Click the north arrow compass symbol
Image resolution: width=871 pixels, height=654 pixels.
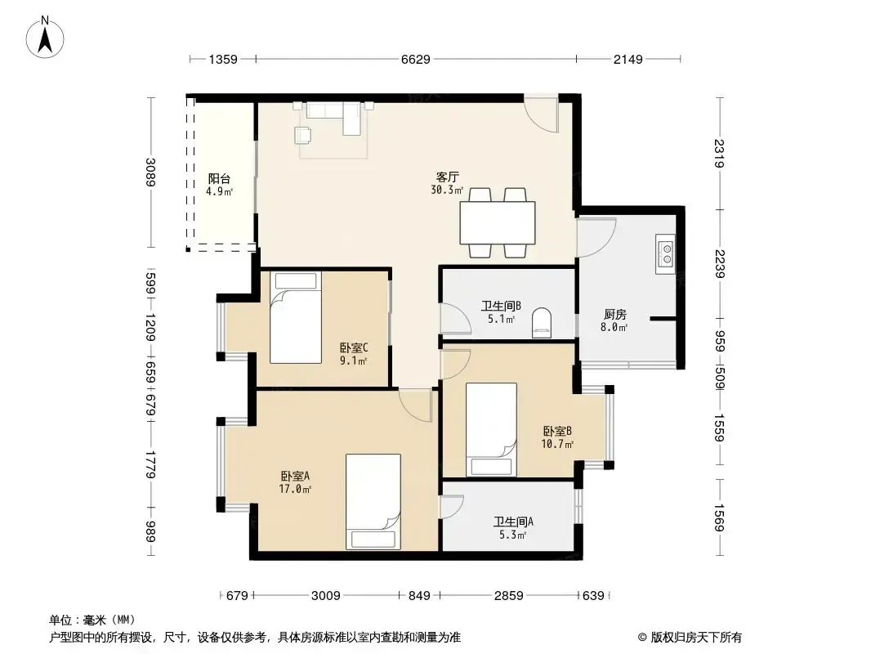(45, 38)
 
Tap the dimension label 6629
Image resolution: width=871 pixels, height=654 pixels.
(416, 59)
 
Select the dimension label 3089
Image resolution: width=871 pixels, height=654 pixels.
(150, 172)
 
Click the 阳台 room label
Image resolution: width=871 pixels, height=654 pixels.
(219, 178)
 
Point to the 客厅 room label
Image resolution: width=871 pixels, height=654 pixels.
(447, 177)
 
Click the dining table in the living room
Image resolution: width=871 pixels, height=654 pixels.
(497, 223)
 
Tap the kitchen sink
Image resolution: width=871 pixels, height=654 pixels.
(665, 254)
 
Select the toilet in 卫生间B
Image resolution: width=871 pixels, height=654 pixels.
(542, 324)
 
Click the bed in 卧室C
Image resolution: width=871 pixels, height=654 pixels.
(296, 317)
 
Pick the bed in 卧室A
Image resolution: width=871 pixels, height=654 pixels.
(373, 502)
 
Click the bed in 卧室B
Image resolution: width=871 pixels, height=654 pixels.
(491, 429)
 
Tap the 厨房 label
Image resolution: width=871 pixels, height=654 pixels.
(615, 315)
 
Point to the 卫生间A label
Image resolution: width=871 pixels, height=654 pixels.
(513, 522)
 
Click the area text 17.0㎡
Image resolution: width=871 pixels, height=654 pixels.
(295, 490)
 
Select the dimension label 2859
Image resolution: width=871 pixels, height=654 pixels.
(509, 596)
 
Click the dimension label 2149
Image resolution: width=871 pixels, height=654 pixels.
(628, 59)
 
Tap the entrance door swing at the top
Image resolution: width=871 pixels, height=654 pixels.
(542, 114)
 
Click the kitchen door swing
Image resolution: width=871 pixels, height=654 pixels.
(596, 237)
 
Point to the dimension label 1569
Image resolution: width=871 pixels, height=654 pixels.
(719, 517)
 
